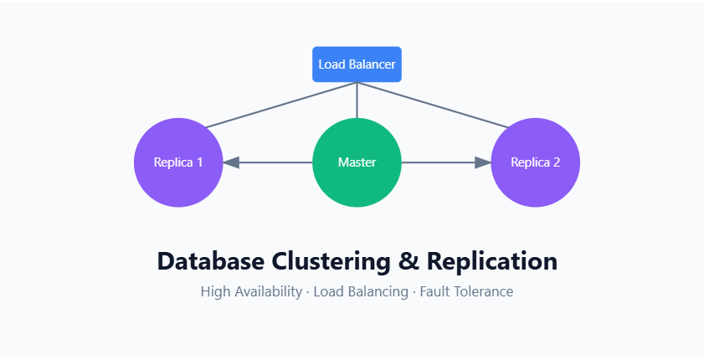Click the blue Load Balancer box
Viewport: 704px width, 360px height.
coord(357,64)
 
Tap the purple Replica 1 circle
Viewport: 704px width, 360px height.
coord(178,162)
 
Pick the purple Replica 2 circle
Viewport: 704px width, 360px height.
coord(535,162)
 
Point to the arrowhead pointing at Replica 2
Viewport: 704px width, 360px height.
coord(482,162)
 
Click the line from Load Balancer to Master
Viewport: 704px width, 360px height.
coord(357,100)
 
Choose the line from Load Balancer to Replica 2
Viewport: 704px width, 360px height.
coord(435,105)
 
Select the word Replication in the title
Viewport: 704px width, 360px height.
coord(492,261)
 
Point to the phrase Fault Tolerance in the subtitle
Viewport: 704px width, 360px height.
coord(466,292)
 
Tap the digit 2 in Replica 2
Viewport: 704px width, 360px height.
coord(557,162)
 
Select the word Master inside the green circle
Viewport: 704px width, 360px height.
coord(357,162)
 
